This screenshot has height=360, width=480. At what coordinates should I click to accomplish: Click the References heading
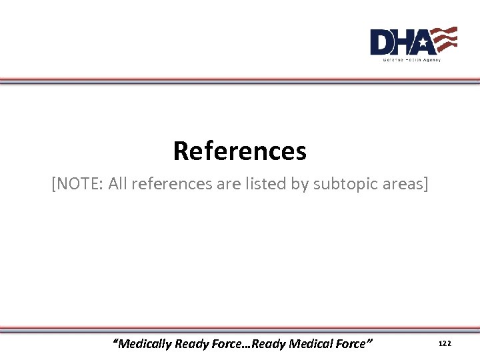(240, 151)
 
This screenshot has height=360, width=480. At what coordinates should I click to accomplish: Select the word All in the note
(117, 183)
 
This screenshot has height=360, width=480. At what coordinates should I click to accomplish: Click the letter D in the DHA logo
(383, 43)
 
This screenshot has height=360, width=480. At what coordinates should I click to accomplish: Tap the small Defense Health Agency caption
(411, 59)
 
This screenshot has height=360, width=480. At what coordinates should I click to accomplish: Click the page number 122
(445, 343)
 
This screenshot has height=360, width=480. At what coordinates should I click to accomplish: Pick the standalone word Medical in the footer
(313, 344)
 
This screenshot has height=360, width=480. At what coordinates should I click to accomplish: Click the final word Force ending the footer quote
(351, 344)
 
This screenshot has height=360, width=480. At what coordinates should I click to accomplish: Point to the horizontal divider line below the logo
(240, 81)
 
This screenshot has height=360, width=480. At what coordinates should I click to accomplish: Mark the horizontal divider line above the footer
(240, 329)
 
